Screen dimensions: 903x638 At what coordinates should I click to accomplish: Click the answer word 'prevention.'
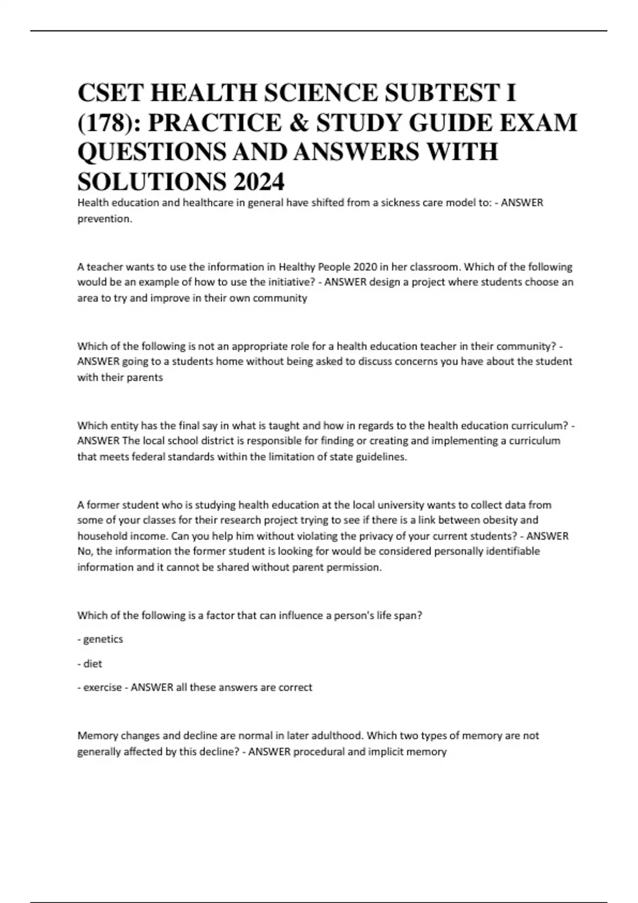click(x=105, y=219)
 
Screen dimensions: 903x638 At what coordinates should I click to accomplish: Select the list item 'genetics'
click(x=103, y=639)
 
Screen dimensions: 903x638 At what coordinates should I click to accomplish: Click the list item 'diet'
click(x=93, y=663)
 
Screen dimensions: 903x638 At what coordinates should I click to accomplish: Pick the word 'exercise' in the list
click(x=103, y=687)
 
